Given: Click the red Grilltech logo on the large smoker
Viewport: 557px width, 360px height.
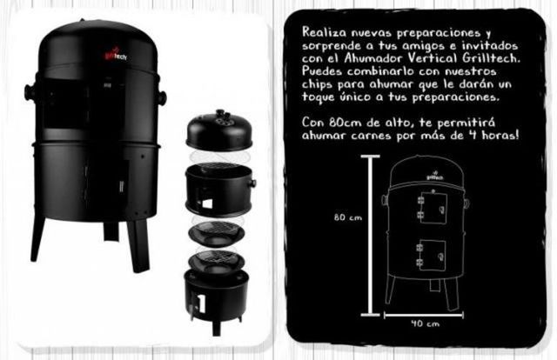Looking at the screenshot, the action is point(116,55).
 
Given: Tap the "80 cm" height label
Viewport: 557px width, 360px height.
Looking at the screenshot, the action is point(348,217).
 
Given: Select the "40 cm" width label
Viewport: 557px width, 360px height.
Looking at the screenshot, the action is point(426,323).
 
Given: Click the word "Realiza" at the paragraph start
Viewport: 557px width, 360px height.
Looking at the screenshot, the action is point(324,32).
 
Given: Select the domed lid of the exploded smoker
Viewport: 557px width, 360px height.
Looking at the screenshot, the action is point(219,130).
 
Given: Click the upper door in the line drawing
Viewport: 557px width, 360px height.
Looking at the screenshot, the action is point(433,209).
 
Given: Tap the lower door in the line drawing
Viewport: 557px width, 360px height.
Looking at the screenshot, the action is point(432,255).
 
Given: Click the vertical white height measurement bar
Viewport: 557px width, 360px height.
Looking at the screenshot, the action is point(371,235).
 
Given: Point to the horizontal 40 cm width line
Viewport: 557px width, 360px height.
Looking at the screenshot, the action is point(424,315).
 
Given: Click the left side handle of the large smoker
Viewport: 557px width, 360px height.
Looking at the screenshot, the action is point(30,92).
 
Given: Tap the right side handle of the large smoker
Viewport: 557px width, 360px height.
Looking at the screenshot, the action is point(162,97).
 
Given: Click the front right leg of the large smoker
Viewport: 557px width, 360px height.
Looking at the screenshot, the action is point(138,246).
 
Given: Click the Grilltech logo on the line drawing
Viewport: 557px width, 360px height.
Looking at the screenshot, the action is point(434,176).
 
